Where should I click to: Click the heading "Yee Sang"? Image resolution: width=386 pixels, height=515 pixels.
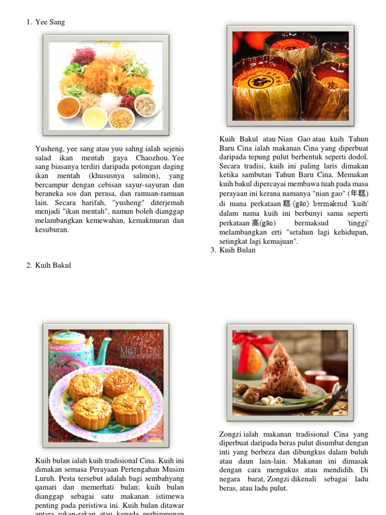(x=50, y=22)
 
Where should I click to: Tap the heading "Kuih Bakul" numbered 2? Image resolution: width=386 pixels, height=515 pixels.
(x=53, y=265)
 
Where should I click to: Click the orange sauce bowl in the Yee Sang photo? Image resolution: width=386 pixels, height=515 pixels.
(x=69, y=107)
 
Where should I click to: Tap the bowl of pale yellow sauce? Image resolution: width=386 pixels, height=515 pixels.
(x=95, y=118)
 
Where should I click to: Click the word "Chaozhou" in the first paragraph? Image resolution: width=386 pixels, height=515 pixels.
(x=151, y=158)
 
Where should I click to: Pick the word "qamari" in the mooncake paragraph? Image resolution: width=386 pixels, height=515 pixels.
(x=46, y=487)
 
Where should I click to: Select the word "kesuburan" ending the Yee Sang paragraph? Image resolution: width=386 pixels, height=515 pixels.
(x=52, y=230)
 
